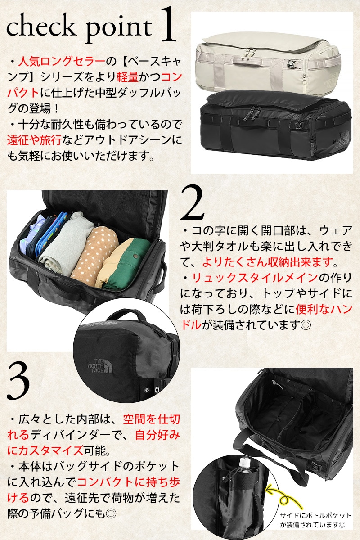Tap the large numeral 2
(x=192, y=203)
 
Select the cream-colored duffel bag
(x=268, y=63)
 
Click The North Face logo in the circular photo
(x=100, y=366)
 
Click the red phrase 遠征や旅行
(x=35, y=140)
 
